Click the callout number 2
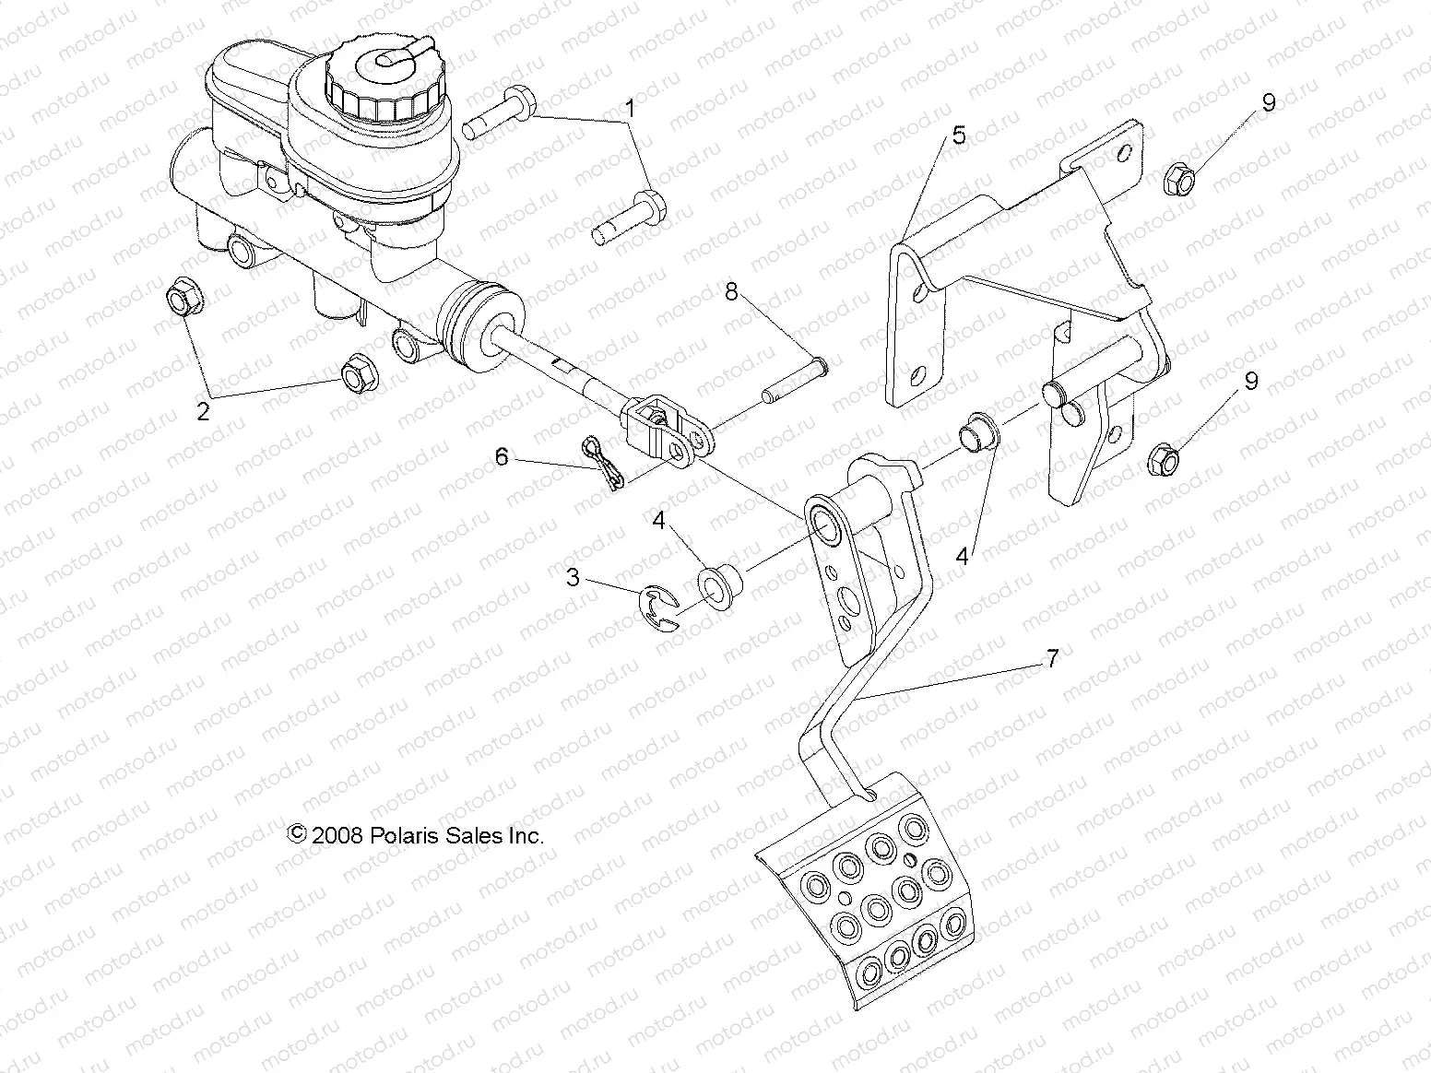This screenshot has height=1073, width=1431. (203, 411)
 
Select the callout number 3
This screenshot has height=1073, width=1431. (574, 578)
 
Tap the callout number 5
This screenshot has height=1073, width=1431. (959, 136)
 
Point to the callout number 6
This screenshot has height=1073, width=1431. (502, 456)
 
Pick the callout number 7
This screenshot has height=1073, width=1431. (1051, 658)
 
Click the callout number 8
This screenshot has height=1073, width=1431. (731, 292)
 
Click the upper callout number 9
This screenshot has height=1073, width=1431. (1269, 102)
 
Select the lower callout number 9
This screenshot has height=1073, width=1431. (1250, 382)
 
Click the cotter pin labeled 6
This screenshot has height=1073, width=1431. (605, 464)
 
